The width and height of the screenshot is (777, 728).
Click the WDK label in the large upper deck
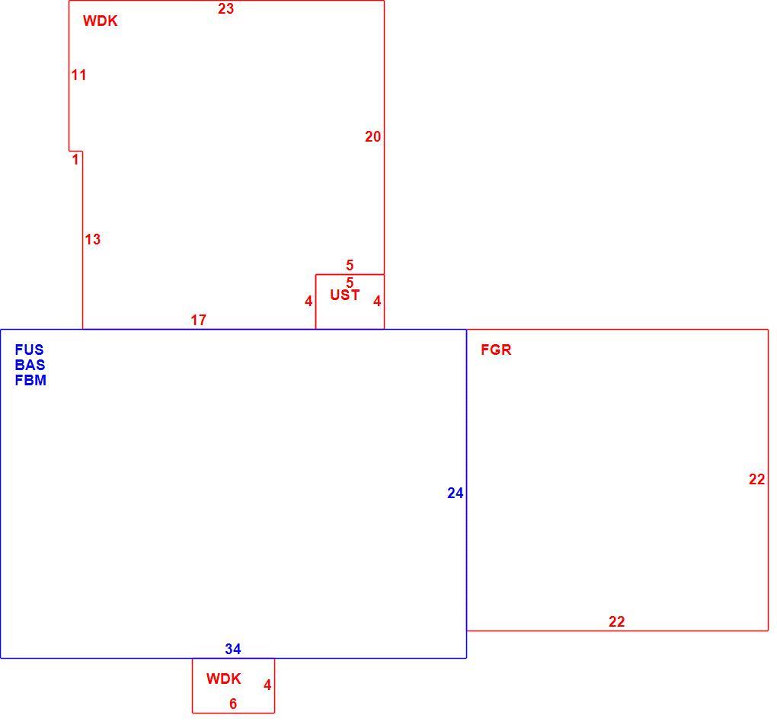pos(100,21)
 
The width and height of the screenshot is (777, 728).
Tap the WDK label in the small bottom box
pos(223,679)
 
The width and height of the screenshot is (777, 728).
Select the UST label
pos(345,295)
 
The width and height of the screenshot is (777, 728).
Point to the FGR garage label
pos(496,350)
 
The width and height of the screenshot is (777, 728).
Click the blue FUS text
pos(29,350)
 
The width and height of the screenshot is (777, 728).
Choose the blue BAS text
pos(30,365)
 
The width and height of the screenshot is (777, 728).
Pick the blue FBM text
pos(30,380)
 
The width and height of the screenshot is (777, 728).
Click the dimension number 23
pos(226,8)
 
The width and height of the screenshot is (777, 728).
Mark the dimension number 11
pos(78,75)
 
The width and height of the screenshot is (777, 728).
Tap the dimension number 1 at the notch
pos(75,159)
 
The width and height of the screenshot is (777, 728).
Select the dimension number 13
pos(93,239)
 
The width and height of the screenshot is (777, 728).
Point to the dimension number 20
pos(373,136)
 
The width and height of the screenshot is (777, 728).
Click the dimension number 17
pos(199,320)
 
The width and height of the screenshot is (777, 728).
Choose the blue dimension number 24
pos(456,493)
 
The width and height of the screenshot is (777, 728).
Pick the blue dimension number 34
pos(233,649)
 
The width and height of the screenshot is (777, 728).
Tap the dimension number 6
pos(233,704)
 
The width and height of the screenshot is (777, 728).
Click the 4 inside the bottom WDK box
pos(267,685)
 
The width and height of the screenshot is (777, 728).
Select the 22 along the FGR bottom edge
pos(617,621)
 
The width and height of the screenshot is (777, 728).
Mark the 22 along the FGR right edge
pos(756,479)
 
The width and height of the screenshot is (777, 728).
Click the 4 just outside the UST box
pos(309,301)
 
